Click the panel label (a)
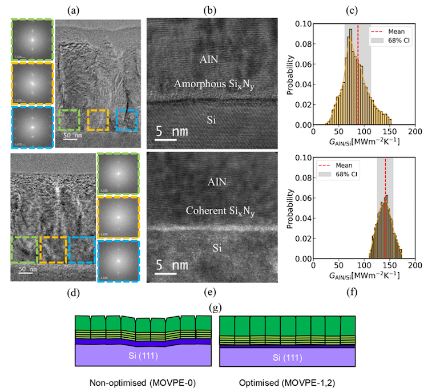(x=72, y=9)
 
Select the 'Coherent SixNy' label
(x=220, y=211)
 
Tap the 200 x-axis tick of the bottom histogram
(x=415, y=266)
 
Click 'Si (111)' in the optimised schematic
(x=286, y=358)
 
